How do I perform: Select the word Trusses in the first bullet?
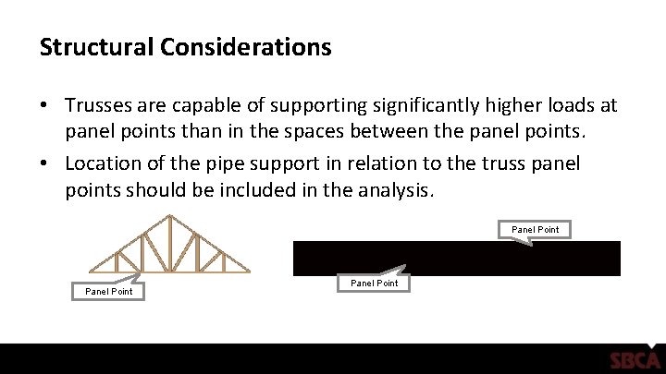[103, 107]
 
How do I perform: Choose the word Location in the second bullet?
[106, 163]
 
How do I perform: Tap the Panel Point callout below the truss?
[108, 291]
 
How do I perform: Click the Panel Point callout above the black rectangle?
[536, 229]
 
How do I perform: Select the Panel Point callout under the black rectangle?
[375, 283]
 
